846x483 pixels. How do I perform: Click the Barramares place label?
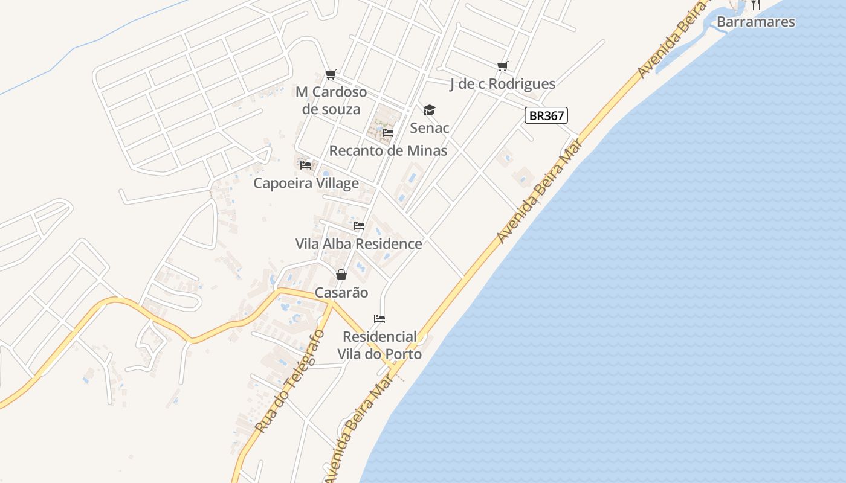pos(755,22)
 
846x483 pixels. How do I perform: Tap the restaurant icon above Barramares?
pos(755,5)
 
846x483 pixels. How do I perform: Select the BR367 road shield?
pos(546,115)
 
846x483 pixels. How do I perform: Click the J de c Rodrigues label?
pos(502,84)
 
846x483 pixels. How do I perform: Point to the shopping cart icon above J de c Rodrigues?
pos(502,66)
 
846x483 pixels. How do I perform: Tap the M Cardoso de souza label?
pos(331,101)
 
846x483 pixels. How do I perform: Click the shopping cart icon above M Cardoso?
pos(331,75)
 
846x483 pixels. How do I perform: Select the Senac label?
pos(429,128)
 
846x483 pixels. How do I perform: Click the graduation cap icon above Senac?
pos(429,110)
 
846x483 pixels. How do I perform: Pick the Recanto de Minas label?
pos(388,150)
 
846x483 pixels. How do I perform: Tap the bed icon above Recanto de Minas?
pos(388,133)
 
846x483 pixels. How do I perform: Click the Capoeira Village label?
pos(306,183)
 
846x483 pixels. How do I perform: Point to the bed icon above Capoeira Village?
pos(306,165)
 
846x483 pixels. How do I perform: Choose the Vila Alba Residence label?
pos(358,244)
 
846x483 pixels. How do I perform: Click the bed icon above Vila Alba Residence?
pos(359,226)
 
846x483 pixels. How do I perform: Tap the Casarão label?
pos(341,293)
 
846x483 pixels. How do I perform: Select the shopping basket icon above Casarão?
pos(341,275)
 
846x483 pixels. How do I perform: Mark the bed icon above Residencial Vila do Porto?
pos(379,319)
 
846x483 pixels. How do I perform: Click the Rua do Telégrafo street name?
pos(290,382)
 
